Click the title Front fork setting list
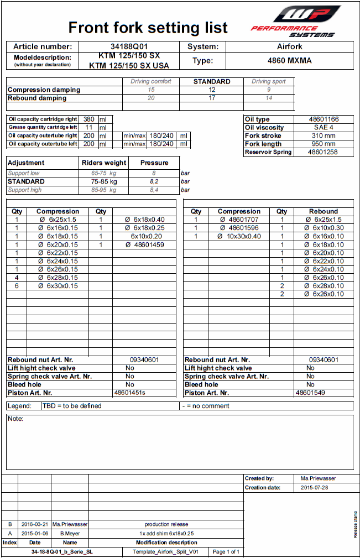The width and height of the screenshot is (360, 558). pyautogui.click(x=148, y=27)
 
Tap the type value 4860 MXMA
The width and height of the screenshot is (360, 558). pyautogui.click(x=289, y=61)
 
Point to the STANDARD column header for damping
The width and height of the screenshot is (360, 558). pyautogui.click(x=212, y=81)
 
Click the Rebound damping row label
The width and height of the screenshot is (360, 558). pyautogui.click(x=37, y=98)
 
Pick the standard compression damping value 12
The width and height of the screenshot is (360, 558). pyautogui.click(x=212, y=90)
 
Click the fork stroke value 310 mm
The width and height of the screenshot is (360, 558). pyautogui.click(x=324, y=135)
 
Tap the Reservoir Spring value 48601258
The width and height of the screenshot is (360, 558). pyautogui.click(x=324, y=152)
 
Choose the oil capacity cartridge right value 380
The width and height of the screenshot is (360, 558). pyautogui.click(x=88, y=119)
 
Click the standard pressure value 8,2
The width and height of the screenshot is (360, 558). pyautogui.click(x=154, y=181)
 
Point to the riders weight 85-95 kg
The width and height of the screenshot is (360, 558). pyautogui.click(x=104, y=190)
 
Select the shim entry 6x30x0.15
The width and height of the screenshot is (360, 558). pyautogui.click(x=59, y=286)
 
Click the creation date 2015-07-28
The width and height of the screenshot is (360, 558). pyautogui.click(x=314, y=488)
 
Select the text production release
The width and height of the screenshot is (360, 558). pyautogui.click(x=166, y=524)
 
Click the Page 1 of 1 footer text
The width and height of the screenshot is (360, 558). pyautogui.click(x=226, y=552)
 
